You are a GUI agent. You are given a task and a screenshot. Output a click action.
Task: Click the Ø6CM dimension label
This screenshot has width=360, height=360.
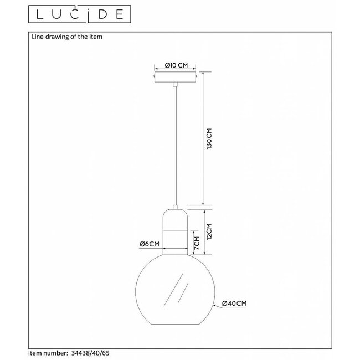150,244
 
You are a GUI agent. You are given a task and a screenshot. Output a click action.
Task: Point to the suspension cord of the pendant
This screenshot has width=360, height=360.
174,144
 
